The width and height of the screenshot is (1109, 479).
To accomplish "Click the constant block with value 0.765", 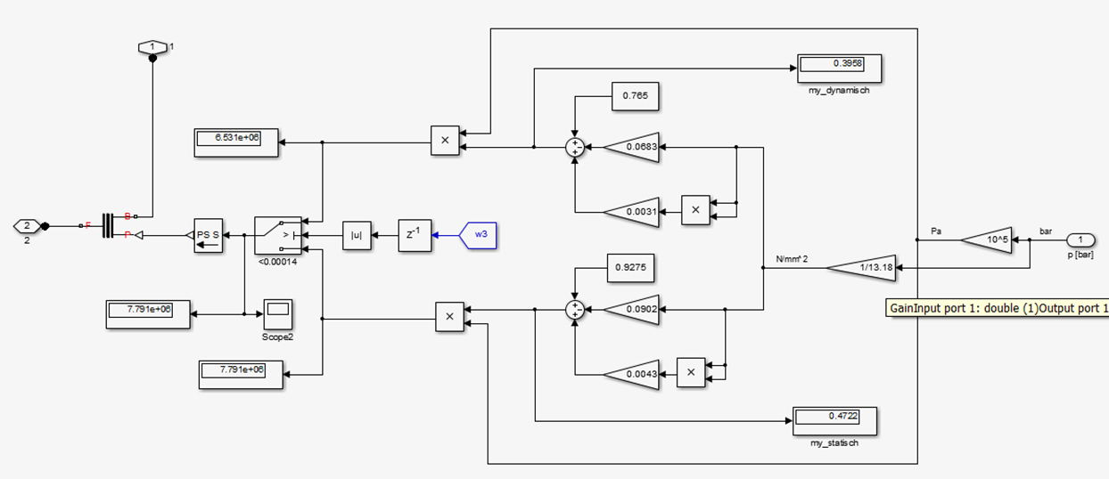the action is point(636,96).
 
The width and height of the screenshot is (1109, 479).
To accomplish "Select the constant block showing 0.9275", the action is point(631,268).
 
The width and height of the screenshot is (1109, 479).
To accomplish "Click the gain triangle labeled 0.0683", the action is point(631,147).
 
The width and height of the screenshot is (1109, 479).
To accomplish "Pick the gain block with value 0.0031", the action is point(631,212).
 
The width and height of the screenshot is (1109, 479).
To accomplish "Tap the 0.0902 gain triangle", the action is point(631,310).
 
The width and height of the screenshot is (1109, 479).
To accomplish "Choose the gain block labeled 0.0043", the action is point(631,374).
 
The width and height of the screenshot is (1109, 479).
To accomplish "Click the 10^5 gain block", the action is point(986,239).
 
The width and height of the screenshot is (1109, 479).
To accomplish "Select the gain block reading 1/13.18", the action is point(861,267).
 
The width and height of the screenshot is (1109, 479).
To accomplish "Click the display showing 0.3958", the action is point(839,69).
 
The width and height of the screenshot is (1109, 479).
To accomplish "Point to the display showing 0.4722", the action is point(834,421).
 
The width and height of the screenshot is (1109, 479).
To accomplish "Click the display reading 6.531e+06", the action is point(236,142).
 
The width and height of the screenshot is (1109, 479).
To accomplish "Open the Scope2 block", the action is point(278,314).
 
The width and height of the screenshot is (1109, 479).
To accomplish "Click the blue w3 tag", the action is point(478,235).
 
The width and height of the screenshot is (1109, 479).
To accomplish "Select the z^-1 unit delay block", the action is point(415,235).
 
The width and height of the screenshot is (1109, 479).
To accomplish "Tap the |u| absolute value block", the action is point(357,235).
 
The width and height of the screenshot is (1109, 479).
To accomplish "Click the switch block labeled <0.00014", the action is point(278,235).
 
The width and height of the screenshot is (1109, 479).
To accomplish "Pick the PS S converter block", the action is point(208,235).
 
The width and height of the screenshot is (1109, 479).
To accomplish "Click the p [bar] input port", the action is point(1080,239).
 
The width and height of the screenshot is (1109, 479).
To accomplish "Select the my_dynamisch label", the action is point(839,91).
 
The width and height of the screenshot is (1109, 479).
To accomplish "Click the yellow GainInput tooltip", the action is point(997,308).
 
